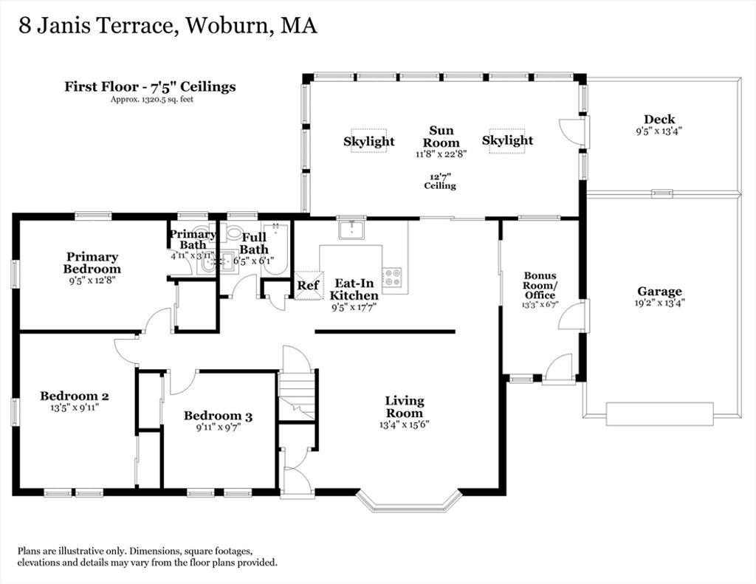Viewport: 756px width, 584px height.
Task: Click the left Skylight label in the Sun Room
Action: [369, 141]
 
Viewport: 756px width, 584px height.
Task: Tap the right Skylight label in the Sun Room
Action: [507, 140]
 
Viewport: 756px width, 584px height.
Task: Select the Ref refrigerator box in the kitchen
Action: [308, 286]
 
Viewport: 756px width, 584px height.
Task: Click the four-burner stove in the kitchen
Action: [391, 278]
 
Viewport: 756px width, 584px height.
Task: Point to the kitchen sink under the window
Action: [351, 230]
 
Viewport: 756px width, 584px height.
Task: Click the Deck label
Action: [659, 119]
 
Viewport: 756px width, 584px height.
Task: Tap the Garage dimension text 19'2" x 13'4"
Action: [659, 303]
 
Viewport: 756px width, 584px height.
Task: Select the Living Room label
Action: [405, 407]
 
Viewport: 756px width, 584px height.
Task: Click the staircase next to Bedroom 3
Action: [297, 395]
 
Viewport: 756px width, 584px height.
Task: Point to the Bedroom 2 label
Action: [75, 396]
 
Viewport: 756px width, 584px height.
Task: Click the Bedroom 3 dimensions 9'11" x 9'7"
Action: [218, 427]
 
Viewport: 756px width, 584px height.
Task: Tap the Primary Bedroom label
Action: [92, 263]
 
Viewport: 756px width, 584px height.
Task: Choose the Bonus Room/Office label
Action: [540, 285]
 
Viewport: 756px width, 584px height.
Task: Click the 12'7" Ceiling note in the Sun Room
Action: [440, 182]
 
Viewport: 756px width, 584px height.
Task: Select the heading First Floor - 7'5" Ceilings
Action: [151, 87]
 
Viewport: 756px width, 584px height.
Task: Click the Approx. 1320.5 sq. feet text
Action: [152, 100]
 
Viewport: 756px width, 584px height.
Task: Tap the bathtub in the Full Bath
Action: [275, 250]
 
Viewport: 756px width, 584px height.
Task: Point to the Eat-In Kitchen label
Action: [354, 289]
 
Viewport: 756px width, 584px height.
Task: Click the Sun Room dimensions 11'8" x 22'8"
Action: [441, 154]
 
